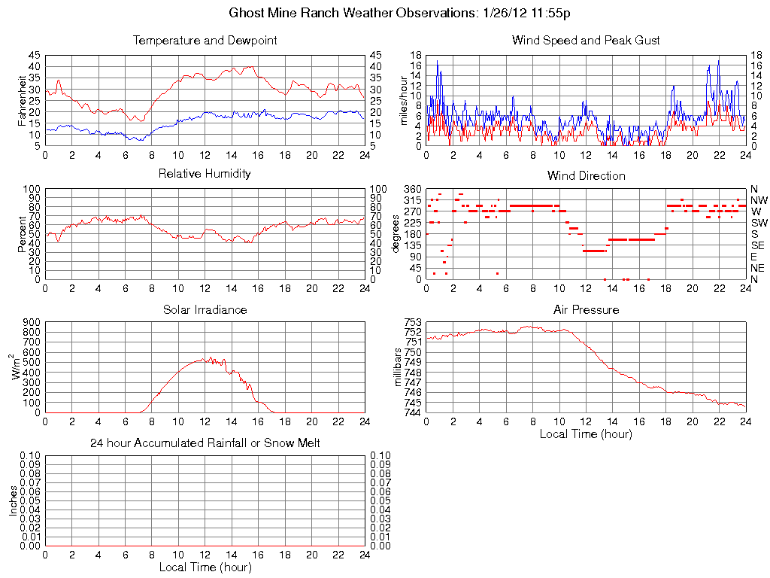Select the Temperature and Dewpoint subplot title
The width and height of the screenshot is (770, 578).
[205, 40]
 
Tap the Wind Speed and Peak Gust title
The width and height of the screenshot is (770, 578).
[586, 40]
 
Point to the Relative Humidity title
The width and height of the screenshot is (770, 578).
[205, 174]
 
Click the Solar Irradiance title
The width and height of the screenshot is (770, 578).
[205, 309]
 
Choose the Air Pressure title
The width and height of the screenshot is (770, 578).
[586, 309]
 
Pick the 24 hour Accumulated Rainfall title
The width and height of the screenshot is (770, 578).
[205, 443]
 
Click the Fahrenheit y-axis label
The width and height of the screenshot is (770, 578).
[22, 100]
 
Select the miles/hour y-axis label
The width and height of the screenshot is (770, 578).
[403, 100]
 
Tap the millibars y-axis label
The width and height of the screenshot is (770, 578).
[400, 367]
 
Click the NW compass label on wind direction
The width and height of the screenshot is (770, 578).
[758, 200]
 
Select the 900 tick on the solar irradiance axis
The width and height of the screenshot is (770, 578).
[32, 322]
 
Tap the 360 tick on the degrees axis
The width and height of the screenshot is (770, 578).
[413, 188]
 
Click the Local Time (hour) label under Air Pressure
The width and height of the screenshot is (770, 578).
[586, 433]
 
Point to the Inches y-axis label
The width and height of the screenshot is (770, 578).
[14, 500]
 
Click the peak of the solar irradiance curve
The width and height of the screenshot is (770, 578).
[211, 357]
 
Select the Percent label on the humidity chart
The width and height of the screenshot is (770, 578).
[22, 233]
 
